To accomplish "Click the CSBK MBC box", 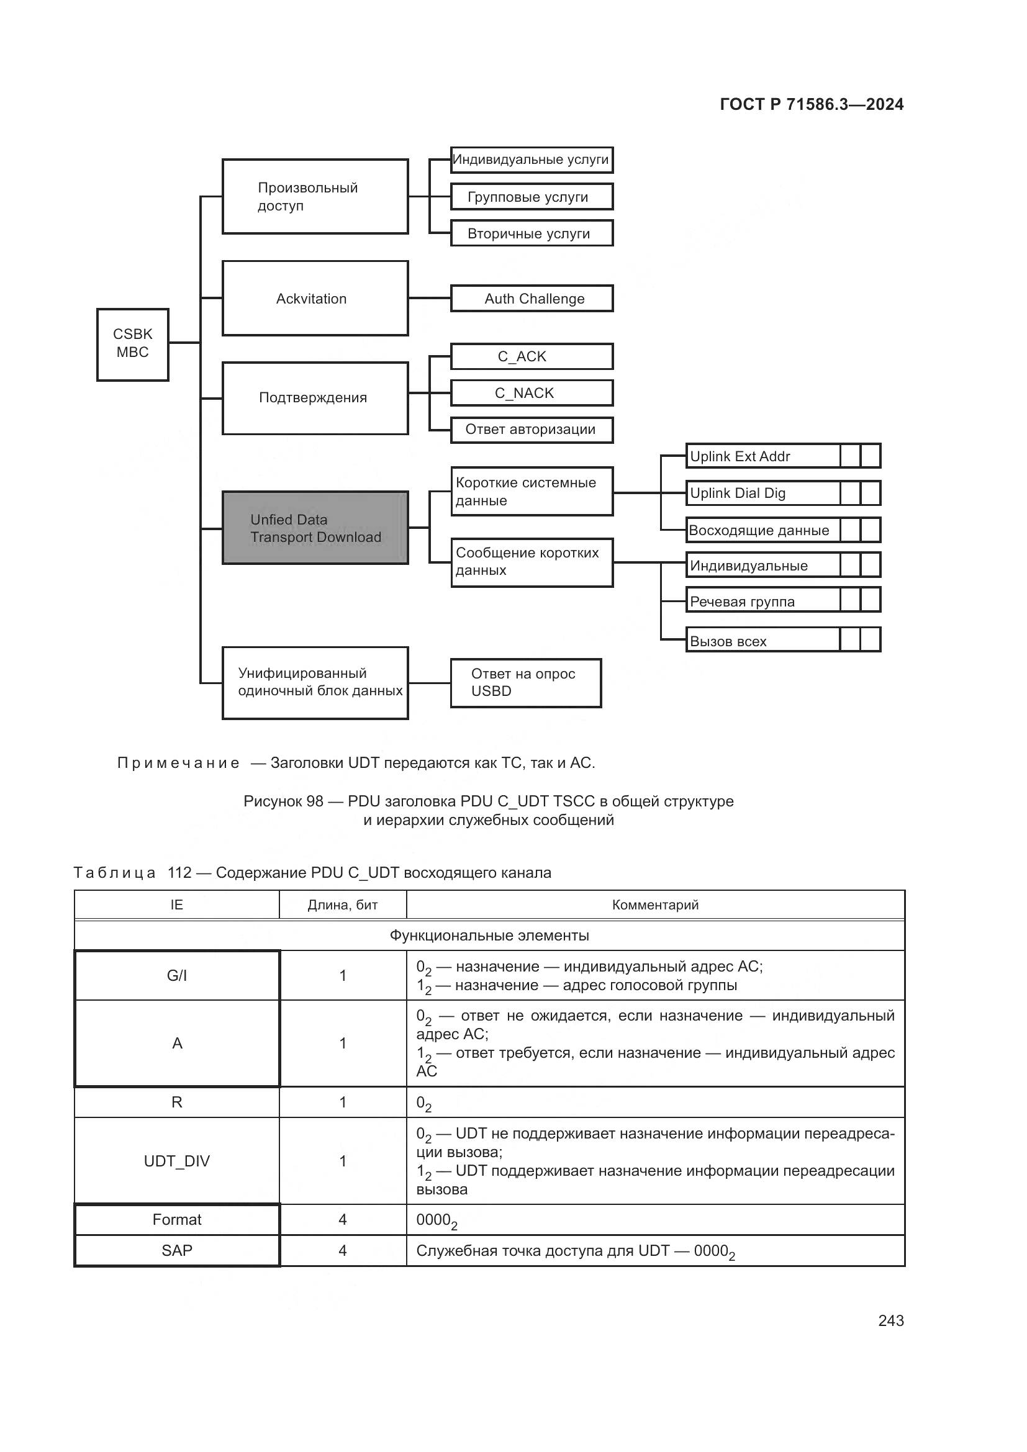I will click(x=132, y=344).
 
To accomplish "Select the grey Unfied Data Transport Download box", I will click(x=315, y=528).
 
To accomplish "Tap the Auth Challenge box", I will click(x=532, y=299).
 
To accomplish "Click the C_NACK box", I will click(x=532, y=393).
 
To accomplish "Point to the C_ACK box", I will click(x=532, y=356).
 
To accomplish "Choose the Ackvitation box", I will click(x=315, y=299).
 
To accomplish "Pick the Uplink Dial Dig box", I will click(x=762, y=494).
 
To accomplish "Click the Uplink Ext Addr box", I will click(x=762, y=456).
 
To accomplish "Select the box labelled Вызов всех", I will click(x=762, y=641).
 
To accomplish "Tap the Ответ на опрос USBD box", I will click(x=525, y=682).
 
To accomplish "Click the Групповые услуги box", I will click(x=532, y=197).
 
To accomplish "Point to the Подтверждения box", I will click(x=315, y=398).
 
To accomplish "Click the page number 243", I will click(x=890, y=1320).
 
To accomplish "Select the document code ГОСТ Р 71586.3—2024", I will click(x=812, y=104).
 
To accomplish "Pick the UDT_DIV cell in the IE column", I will click(x=177, y=1160).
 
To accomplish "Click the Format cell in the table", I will click(x=177, y=1219).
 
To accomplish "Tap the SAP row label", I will click(x=177, y=1250).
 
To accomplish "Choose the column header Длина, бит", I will click(x=342, y=905).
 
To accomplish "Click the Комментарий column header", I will click(x=655, y=905).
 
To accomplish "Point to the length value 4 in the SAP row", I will click(x=342, y=1250).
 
